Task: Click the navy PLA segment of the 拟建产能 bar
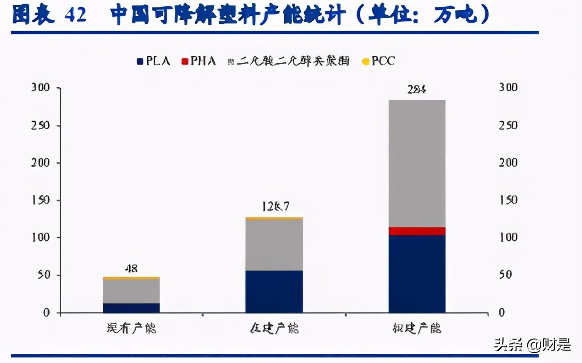[x=417, y=274]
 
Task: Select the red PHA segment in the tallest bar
[x=417, y=231]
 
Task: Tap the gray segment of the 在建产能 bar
[x=274, y=245]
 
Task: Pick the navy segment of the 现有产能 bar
[x=131, y=307]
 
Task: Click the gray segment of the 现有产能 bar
[x=131, y=291]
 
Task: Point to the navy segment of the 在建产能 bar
[x=274, y=291]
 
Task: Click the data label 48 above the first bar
[x=131, y=269]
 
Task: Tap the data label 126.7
[x=275, y=207]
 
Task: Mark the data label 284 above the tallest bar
[x=417, y=89]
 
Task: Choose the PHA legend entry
[x=198, y=61]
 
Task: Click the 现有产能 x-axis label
[x=131, y=328]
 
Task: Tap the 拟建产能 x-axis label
[x=417, y=328]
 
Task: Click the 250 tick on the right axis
[x=508, y=125]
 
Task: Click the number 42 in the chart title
[x=75, y=16]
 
